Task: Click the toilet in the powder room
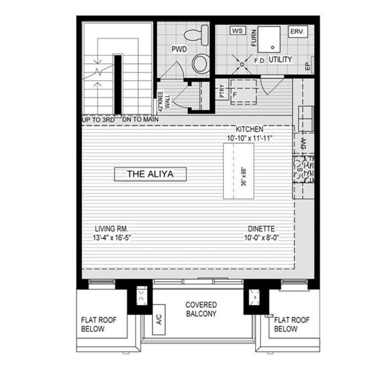click(x=196, y=35)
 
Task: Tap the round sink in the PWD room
click(x=200, y=64)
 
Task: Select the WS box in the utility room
click(x=238, y=31)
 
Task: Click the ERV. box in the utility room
click(x=298, y=31)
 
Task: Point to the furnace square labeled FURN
click(x=269, y=39)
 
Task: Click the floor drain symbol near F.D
click(x=242, y=64)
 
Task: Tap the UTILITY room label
click(x=280, y=59)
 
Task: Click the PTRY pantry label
click(x=222, y=91)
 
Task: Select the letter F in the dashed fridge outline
click(x=234, y=94)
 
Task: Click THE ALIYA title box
click(x=150, y=174)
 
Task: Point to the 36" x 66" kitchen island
click(x=239, y=171)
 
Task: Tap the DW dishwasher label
click(x=303, y=143)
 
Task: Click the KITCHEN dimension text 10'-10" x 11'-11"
click(x=250, y=138)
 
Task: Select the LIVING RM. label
click(x=112, y=229)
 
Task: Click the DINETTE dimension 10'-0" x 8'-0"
click(x=261, y=238)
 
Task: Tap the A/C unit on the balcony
click(x=159, y=319)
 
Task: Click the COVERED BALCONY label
click(x=201, y=309)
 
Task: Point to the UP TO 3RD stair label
click(x=98, y=120)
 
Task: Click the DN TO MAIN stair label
click(x=140, y=119)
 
